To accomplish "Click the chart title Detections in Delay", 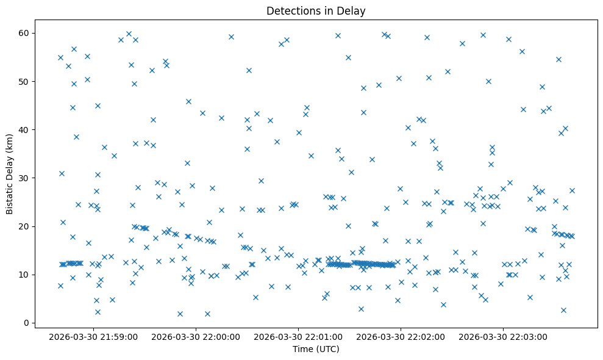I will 316,10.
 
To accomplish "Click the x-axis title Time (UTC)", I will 316,350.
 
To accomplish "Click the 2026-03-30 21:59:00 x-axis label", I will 94,336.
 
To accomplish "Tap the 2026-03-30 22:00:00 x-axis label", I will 196,336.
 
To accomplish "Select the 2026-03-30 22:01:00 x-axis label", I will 299,336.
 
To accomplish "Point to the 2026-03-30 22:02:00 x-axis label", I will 401,336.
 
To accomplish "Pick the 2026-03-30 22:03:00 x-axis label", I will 504,336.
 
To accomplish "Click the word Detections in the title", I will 291,10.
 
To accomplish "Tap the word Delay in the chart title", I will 353,10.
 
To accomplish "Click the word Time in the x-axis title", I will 302,350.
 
